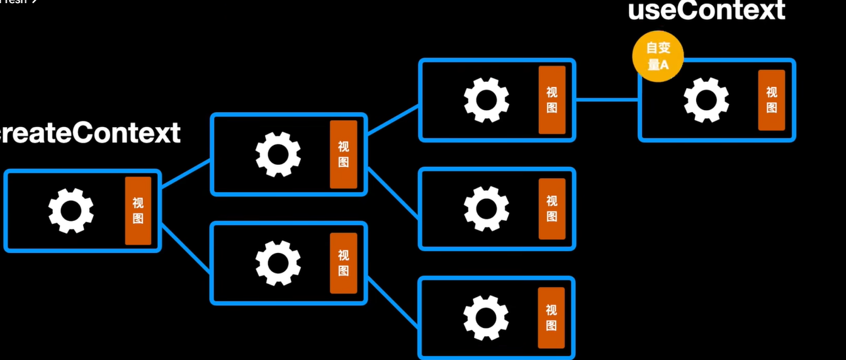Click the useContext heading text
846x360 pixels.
706,11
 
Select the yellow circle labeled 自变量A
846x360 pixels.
658,57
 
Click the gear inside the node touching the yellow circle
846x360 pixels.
706,100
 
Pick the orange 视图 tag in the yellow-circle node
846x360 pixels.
771,100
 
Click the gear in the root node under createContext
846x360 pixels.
70,211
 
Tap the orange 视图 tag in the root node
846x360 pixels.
138,211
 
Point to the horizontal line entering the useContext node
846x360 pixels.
607,99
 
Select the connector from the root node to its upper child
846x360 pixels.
186,174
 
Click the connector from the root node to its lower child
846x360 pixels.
186,248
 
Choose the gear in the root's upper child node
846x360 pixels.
278,154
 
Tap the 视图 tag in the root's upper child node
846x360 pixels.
343,154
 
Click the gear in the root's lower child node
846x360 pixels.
278,263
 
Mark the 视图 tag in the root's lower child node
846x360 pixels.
343,263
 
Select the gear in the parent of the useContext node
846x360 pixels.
486,100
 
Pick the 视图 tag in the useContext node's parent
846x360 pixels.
551,100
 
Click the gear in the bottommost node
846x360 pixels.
486,318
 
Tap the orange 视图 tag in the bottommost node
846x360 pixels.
551,318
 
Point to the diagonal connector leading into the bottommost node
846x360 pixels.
393,302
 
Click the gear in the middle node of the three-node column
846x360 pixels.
486,208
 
